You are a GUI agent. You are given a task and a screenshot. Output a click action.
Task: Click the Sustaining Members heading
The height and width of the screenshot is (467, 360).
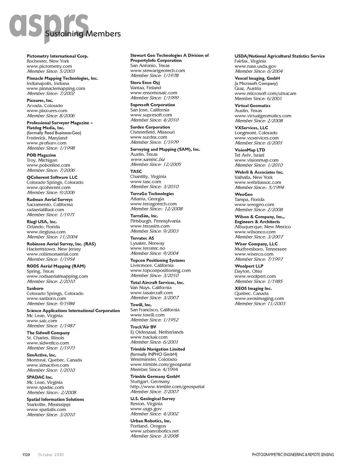[x=83, y=34]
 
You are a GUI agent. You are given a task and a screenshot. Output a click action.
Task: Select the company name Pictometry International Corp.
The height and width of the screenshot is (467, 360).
[x=57, y=56]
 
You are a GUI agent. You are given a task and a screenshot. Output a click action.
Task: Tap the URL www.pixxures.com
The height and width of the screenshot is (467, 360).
[x=47, y=111]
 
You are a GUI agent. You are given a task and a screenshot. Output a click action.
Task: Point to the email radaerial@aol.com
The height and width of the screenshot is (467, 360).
[x=45, y=210]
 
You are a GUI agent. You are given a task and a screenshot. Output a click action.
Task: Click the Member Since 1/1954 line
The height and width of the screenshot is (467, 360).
[x=51, y=259]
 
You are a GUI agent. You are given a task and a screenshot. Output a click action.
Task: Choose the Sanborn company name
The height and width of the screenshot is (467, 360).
[x=35, y=288]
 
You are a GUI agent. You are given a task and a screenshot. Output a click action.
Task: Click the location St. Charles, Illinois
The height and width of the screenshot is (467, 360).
[x=45, y=338]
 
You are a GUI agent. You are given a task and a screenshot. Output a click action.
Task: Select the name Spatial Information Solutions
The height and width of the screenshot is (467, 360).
[x=55, y=399]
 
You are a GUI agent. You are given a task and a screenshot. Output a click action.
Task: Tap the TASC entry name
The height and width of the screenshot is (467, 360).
[x=136, y=171]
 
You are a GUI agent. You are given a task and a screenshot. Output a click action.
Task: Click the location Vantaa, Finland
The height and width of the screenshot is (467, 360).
[x=145, y=88]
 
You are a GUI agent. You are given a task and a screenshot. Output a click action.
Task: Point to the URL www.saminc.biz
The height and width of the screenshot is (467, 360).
[x=147, y=159]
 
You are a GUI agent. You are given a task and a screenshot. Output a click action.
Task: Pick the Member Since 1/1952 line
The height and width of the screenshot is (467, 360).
[x=154, y=320]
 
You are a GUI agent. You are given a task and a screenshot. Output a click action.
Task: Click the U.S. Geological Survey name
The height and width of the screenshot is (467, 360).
[x=153, y=399]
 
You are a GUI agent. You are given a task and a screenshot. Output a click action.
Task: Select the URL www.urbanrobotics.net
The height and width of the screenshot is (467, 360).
[x=154, y=431]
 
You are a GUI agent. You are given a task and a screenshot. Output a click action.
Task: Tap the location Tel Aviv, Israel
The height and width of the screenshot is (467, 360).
[x=249, y=155]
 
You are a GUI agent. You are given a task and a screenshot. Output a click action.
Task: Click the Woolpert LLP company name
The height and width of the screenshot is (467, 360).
[x=249, y=266]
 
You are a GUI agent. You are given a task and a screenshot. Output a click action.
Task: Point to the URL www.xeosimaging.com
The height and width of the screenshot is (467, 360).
[x=259, y=299]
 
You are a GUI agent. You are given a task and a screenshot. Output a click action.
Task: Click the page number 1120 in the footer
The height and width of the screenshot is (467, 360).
[x=26, y=455]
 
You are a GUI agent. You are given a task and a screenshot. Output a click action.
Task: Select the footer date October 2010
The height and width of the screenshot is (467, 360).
[x=51, y=455]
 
